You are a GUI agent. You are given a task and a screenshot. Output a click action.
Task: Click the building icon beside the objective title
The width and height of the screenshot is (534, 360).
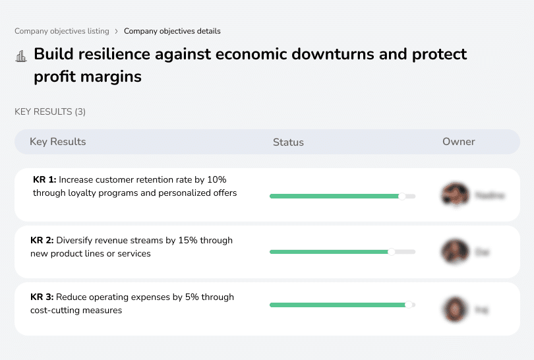click(21, 56)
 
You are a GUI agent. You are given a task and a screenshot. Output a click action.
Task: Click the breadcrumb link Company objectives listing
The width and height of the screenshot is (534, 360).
click(62, 31)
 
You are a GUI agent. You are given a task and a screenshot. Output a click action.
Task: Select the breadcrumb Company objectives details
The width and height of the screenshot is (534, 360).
click(172, 31)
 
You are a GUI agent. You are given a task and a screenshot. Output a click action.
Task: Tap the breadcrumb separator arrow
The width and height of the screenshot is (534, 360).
click(117, 31)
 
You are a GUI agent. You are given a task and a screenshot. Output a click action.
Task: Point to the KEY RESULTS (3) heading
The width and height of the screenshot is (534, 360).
click(50, 112)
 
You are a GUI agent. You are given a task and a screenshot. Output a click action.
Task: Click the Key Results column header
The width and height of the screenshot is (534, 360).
click(57, 142)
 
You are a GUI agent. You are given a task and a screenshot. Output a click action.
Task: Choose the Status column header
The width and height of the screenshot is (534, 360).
click(288, 142)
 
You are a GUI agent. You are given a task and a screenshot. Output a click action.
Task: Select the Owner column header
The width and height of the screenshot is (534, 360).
click(459, 142)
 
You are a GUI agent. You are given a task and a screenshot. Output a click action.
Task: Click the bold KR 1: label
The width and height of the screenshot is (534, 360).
click(45, 179)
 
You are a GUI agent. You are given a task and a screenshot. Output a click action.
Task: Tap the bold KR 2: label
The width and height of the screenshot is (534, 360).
click(43, 241)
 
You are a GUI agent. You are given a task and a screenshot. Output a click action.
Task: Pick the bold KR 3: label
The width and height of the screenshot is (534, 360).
click(43, 297)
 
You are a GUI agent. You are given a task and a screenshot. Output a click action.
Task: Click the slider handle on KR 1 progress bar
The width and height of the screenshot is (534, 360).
click(402, 196)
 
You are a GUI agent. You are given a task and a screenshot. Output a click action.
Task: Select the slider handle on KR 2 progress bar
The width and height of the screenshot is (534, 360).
click(392, 251)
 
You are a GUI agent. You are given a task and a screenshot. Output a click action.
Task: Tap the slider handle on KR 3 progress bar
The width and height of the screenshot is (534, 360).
click(409, 305)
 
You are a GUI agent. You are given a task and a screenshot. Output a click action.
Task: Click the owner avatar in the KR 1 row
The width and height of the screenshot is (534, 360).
click(454, 195)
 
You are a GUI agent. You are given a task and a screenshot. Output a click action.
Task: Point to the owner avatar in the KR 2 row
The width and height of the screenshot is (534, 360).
click(454, 251)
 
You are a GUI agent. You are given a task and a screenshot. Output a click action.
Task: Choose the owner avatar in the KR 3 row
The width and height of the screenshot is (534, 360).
click(454, 309)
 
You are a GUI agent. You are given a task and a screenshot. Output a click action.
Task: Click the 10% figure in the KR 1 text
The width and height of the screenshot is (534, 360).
click(215, 179)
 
